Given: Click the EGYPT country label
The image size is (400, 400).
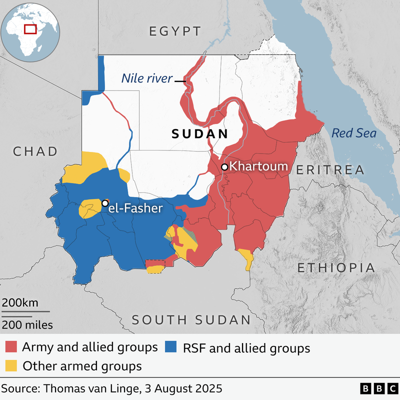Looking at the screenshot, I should [x=175, y=31].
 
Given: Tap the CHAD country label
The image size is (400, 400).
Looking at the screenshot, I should [x=35, y=151].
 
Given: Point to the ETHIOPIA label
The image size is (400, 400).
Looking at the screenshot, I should [x=336, y=267].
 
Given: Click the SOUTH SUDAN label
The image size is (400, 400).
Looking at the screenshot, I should [x=191, y=320].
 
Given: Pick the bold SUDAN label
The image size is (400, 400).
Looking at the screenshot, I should [x=199, y=134].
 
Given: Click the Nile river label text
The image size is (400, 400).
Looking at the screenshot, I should [x=147, y=78].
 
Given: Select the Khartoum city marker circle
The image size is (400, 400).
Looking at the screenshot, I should [x=225, y=166].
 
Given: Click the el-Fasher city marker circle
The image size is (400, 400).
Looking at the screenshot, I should [x=105, y=203].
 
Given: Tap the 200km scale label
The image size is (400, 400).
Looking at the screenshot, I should [x=19, y=303].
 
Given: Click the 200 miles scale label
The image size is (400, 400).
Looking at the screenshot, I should [x=27, y=325].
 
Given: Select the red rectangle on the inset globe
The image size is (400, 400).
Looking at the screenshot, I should [x=31, y=28].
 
